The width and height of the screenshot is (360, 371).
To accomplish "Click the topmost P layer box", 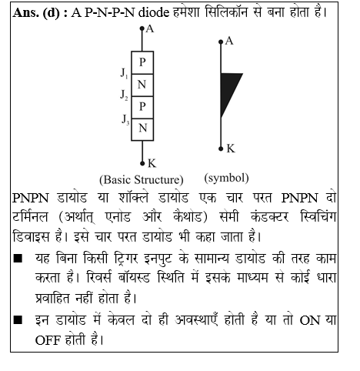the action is point(142,61).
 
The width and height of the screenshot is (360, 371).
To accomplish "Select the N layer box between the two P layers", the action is point(142,83).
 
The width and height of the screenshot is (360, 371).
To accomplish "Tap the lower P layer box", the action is point(142,105).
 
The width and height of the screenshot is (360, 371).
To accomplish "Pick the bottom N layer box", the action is point(142,128).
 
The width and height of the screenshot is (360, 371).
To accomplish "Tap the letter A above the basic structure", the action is point(149,30).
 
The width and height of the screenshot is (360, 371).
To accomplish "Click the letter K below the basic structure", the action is point(151,162).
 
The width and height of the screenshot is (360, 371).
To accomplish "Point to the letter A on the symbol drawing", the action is point(228,40).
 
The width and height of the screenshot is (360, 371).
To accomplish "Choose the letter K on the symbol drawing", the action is point(231,148).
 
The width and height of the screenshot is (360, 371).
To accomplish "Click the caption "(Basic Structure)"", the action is point(141,179).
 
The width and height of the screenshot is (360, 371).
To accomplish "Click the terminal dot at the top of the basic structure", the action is point(142,28).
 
